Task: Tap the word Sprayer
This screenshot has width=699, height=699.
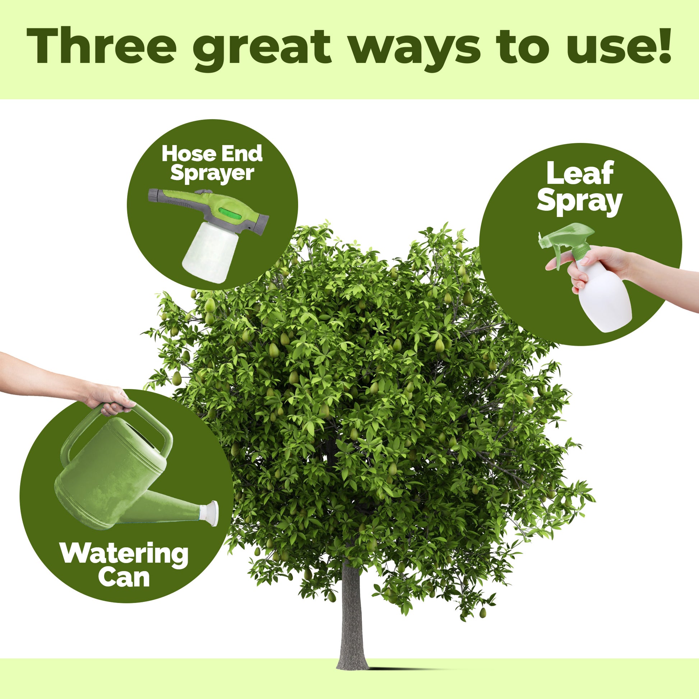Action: pos(212,173)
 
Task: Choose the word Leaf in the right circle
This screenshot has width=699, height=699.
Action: pos(580,173)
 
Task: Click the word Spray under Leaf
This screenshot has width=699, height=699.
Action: pos(580,202)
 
